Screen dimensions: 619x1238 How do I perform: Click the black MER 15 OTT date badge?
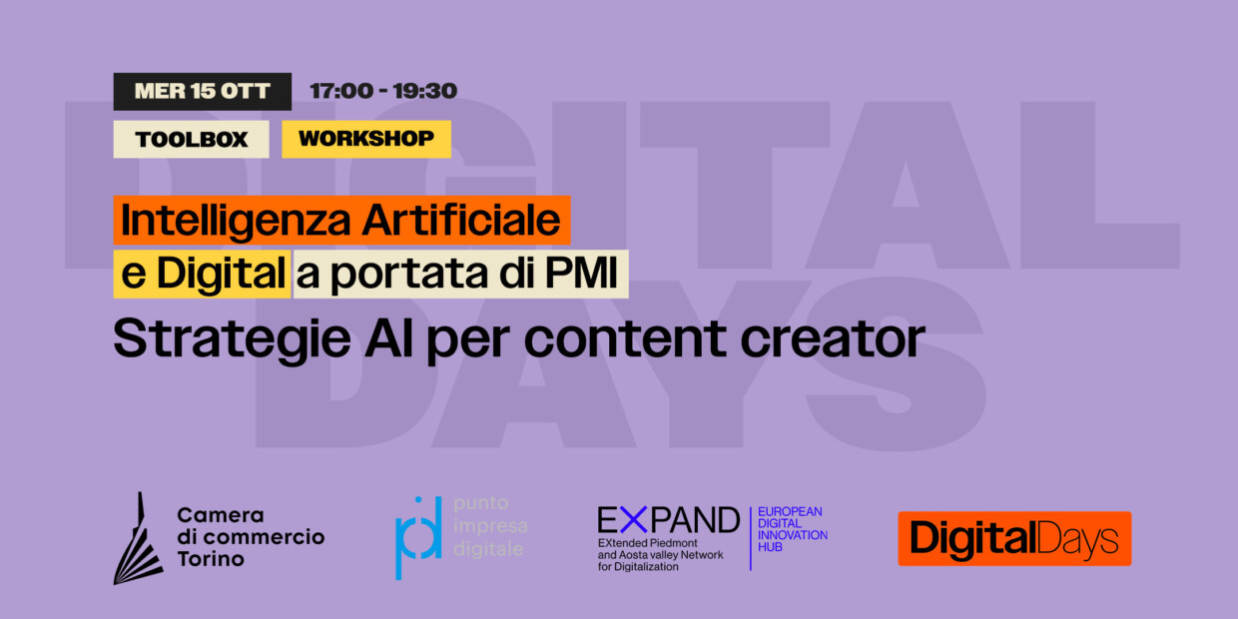(202, 91)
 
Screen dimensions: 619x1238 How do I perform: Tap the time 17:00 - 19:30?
(383, 91)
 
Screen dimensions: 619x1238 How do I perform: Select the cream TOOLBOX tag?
(191, 140)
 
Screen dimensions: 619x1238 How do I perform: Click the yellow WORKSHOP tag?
(365, 139)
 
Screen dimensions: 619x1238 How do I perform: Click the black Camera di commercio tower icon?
(138, 538)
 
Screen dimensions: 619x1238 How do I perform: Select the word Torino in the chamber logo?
(211, 559)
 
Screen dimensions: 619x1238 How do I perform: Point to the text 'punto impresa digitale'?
(490, 526)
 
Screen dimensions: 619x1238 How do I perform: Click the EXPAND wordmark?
(668, 519)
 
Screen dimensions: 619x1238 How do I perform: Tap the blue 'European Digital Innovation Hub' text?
(793, 529)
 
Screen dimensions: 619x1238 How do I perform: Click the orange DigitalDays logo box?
(1013, 539)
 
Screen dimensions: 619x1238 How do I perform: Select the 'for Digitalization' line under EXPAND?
(638, 567)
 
